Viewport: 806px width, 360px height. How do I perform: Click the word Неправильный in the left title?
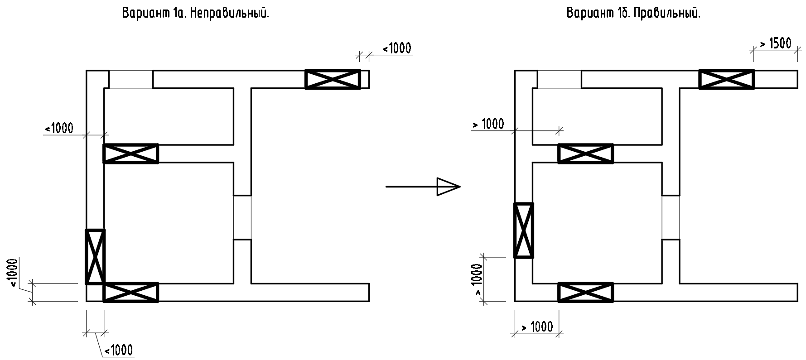(229, 14)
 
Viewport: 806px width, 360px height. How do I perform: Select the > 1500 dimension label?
(776, 43)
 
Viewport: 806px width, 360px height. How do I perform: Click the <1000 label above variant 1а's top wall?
(397, 48)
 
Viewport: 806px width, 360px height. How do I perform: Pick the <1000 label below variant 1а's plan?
(119, 350)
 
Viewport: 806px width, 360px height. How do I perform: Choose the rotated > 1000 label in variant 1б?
(477, 279)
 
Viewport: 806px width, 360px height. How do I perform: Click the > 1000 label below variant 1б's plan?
(537, 326)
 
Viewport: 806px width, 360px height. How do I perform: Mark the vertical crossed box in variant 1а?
(95, 257)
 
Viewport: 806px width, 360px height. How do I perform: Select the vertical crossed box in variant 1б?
(524, 230)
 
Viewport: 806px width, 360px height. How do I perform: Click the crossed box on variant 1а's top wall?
(333, 79)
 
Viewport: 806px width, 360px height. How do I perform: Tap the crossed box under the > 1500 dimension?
(727, 79)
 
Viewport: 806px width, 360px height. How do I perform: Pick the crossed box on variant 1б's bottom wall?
(586, 292)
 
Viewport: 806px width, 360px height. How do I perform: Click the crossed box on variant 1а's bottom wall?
(131, 292)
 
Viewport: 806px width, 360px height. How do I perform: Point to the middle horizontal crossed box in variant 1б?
(586, 154)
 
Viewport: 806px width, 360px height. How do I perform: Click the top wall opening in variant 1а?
(130, 79)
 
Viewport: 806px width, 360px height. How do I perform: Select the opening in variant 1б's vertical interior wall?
(671, 217)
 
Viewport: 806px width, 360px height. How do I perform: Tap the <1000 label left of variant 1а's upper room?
(59, 128)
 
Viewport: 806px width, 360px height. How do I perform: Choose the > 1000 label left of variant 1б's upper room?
(488, 124)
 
